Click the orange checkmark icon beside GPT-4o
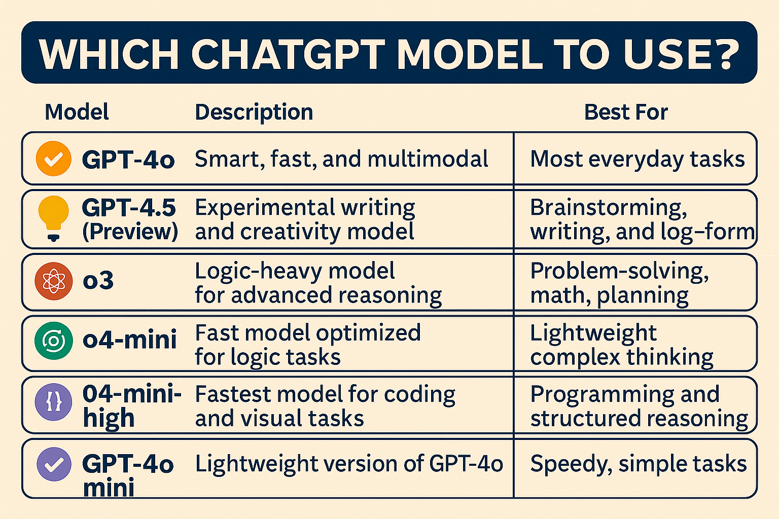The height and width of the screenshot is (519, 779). [53, 159]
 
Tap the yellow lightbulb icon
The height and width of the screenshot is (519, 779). [53, 215]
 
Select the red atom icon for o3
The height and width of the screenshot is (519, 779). [53, 281]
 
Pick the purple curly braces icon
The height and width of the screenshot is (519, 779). [53, 403]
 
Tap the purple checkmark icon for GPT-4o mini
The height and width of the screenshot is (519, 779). [53, 464]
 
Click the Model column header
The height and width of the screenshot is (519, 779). [77, 112]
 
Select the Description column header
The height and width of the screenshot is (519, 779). [254, 112]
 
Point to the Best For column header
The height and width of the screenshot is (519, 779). [626, 112]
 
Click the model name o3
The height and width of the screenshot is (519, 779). [98, 281]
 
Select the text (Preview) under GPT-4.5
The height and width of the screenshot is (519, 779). [130, 232]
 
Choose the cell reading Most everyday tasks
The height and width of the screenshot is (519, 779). [637, 159]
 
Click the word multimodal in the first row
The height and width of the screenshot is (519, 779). [428, 159]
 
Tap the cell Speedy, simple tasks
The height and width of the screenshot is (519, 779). [638, 464]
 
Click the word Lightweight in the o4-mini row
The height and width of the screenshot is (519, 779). [593, 333]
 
